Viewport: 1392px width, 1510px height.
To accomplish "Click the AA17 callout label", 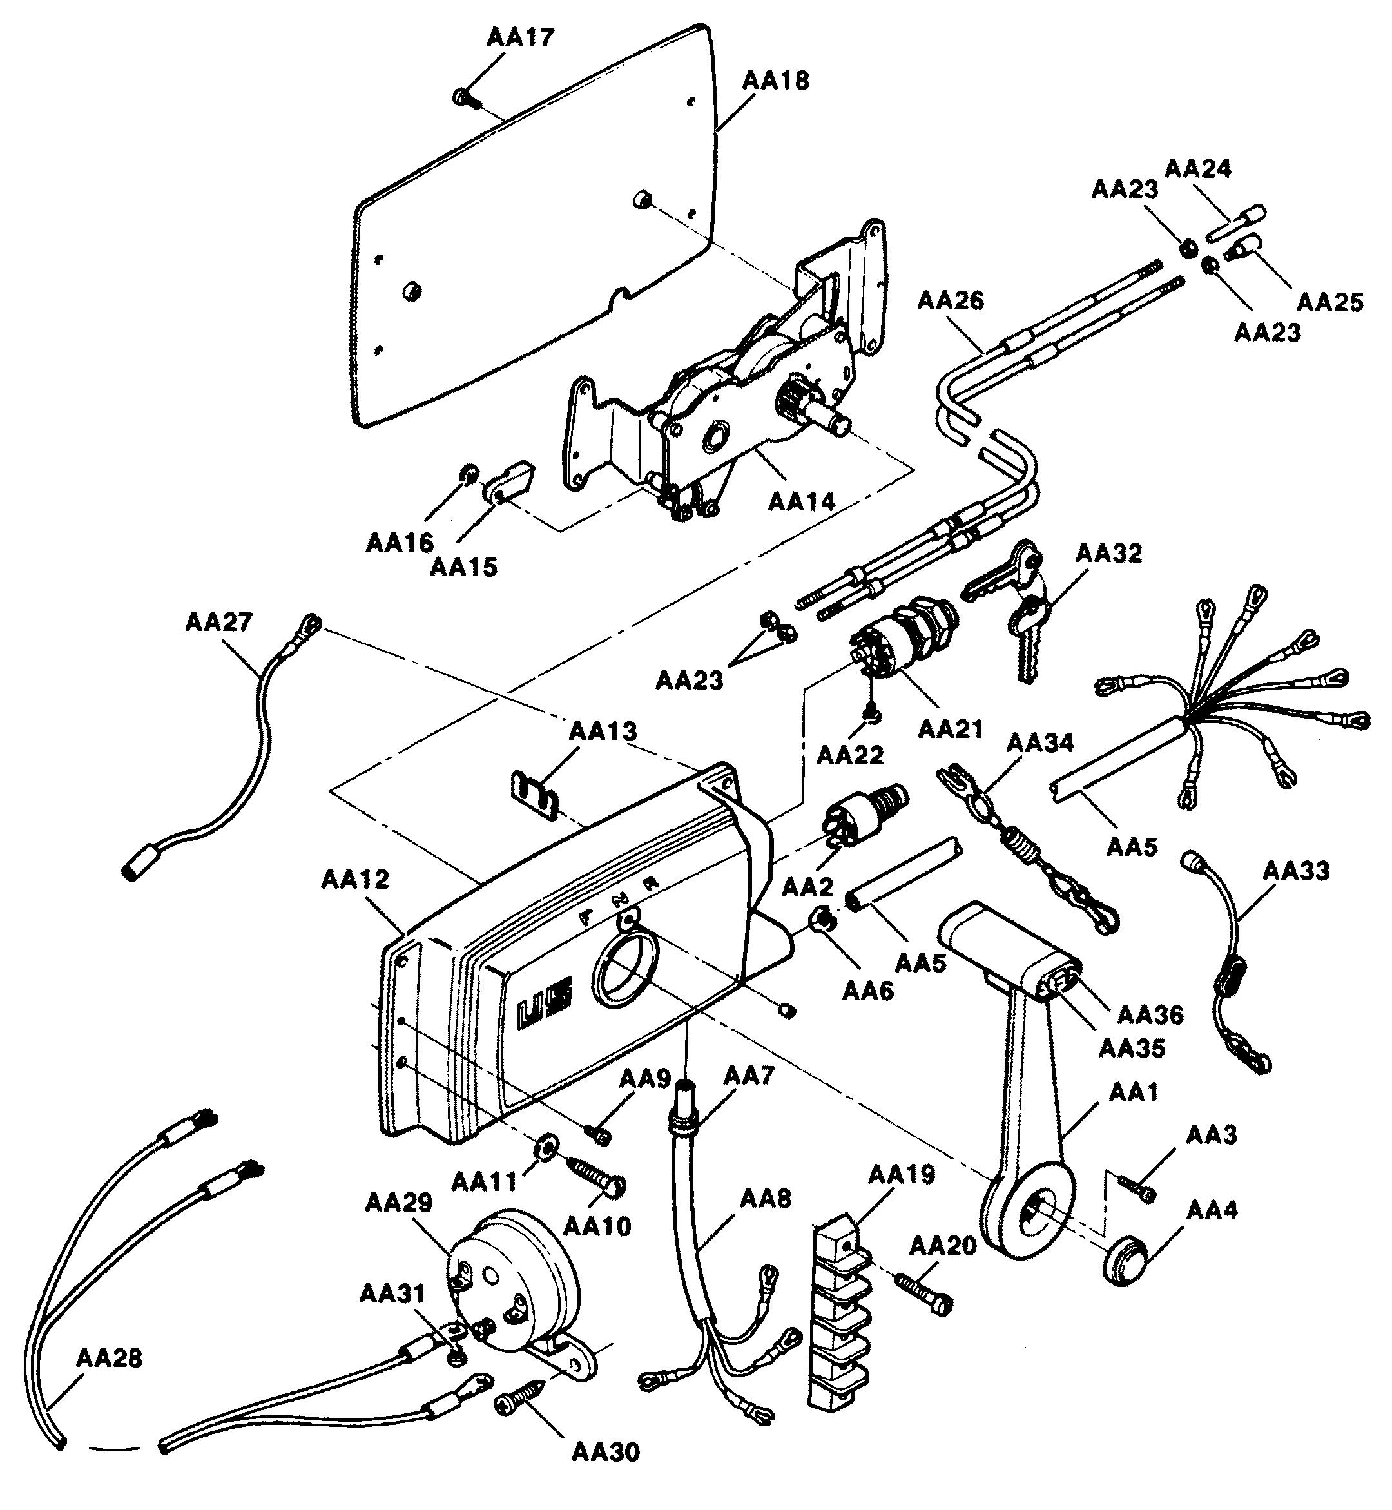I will (519, 37).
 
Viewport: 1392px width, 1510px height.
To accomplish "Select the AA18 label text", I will (776, 81).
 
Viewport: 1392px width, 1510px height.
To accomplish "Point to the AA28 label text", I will (109, 1359).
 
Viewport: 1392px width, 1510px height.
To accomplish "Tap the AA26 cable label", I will (951, 300).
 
